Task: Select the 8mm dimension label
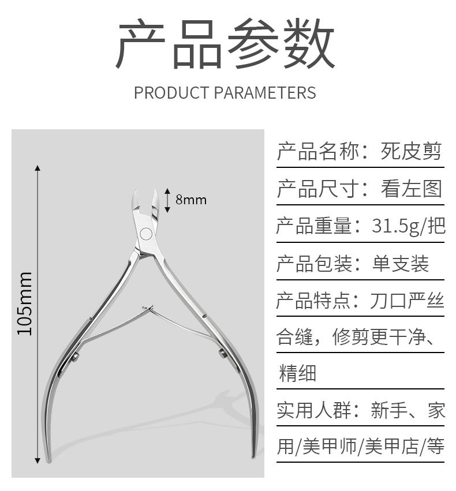(x=190, y=200)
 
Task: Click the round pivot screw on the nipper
(x=147, y=234)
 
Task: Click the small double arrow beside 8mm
(x=167, y=200)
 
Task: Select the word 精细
(x=297, y=373)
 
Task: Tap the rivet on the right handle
(x=222, y=353)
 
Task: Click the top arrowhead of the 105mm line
(x=38, y=168)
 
